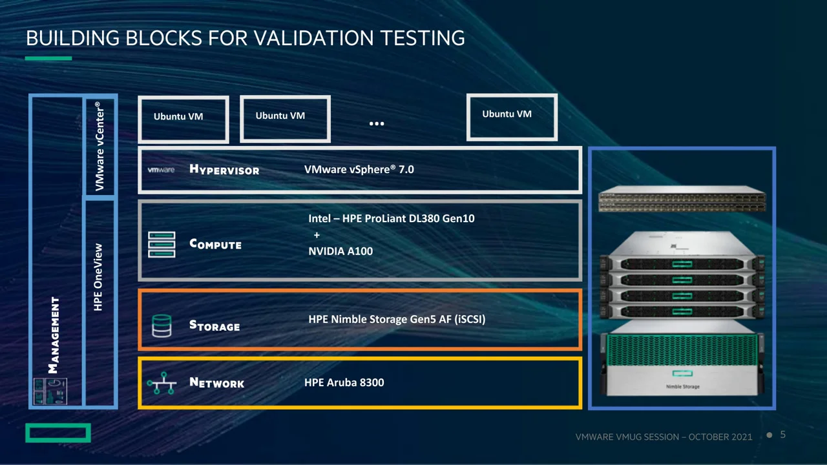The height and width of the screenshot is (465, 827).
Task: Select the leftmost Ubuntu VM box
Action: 183,119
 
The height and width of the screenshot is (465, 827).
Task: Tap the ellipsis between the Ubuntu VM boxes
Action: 377,123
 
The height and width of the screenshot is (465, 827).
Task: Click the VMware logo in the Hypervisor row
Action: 161,170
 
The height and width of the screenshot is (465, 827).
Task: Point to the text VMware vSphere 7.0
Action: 359,169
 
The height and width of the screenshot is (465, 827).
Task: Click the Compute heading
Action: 215,244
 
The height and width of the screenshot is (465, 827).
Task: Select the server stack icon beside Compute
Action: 162,245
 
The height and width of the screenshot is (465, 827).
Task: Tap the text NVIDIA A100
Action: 340,251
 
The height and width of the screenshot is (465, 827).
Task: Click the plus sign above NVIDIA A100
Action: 317,235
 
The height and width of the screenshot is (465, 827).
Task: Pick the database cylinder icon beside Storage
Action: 162,325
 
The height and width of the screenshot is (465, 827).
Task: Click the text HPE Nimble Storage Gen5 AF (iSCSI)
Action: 397,319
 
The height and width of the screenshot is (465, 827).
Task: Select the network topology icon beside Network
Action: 162,383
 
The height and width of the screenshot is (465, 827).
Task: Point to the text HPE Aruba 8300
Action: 344,382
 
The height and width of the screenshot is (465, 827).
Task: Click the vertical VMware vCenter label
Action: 99,146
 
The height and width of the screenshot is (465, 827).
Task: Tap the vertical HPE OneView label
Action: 98,276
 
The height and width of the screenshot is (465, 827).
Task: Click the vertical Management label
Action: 55,335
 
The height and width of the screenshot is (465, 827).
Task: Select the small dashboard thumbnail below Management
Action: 50,391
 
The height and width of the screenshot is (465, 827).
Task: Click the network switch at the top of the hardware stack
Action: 682,200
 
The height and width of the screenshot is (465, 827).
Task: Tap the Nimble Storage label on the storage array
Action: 682,387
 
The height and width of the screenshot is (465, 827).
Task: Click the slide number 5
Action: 783,435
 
